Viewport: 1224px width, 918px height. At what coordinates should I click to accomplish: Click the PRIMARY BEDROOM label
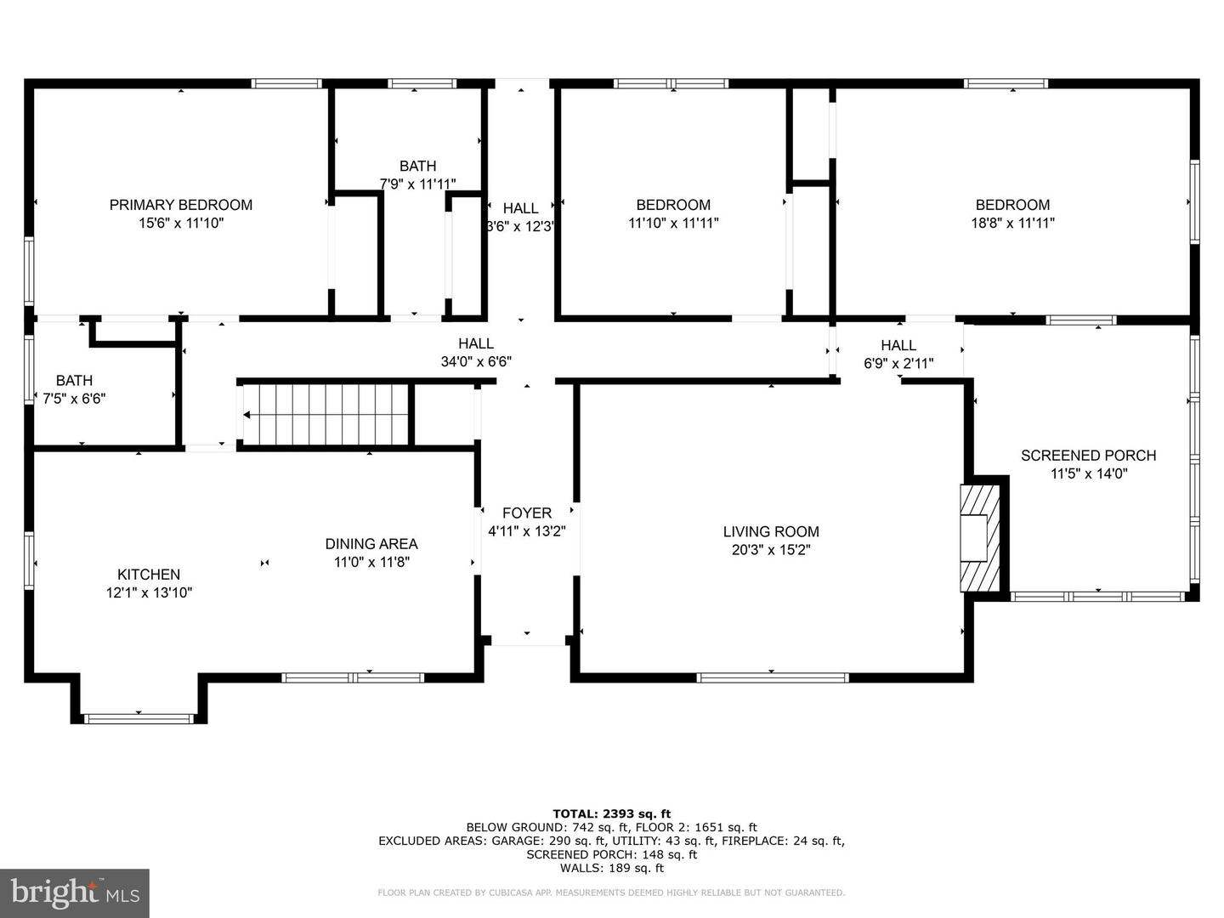[x=180, y=205]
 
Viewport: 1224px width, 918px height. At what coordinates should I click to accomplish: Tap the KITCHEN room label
[x=149, y=575]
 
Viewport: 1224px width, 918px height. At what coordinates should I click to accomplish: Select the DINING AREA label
[x=371, y=544]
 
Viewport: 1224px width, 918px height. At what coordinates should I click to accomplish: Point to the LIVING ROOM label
[x=771, y=532]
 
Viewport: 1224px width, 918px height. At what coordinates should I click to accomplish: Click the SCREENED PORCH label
[x=1088, y=456]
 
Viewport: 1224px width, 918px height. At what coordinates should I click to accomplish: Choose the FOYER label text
[x=527, y=513]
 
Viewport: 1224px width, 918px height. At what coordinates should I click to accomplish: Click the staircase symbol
[x=326, y=415]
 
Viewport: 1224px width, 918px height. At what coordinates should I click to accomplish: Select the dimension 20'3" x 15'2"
[x=771, y=550]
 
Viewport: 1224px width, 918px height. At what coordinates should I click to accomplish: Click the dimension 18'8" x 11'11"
[x=1012, y=223]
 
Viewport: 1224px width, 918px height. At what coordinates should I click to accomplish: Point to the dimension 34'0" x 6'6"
[x=476, y=361]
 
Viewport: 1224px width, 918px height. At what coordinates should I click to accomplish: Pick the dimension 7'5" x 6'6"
[x=75, y=398]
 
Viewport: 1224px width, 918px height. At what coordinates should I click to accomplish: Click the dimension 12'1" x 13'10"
[x=149, y=592]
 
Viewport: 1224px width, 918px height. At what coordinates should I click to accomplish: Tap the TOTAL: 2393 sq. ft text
[x=612, y=813]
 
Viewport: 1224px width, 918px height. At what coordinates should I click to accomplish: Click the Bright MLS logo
[x=75, y=892]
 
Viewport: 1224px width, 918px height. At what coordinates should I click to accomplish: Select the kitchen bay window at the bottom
[x=139, y=719]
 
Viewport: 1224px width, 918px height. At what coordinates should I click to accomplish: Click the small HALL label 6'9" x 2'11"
[x=898, y=346]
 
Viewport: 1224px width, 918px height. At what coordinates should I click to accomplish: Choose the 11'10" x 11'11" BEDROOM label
[x=673, y=205]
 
